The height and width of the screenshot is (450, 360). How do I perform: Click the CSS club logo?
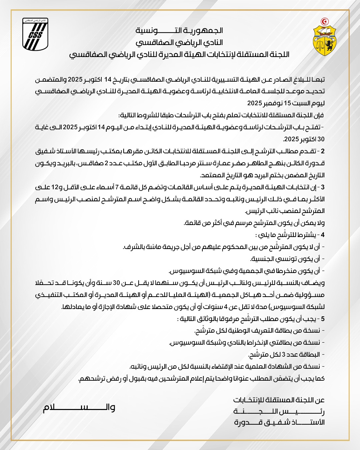35,34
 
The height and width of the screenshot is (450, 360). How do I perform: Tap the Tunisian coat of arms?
324,37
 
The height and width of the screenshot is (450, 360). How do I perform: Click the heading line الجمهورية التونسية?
179,31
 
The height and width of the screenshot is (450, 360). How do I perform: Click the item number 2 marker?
322,151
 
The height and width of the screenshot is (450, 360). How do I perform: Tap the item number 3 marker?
322,187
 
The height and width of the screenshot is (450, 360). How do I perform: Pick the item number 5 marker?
322,319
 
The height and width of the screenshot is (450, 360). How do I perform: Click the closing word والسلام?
79,408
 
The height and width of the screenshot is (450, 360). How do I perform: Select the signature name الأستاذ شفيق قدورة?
279,423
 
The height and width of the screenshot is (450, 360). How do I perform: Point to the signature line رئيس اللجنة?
279,411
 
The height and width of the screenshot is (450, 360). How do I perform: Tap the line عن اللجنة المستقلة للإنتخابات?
279,400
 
